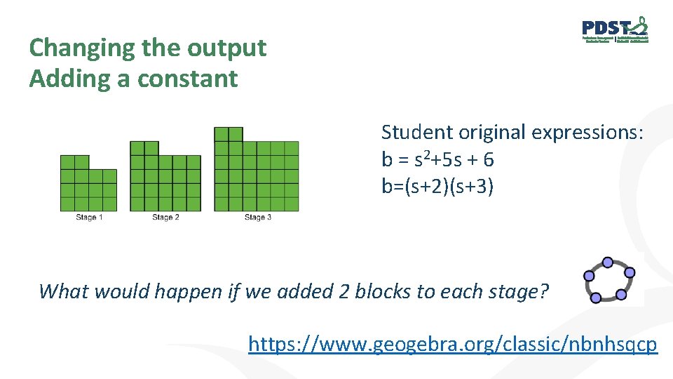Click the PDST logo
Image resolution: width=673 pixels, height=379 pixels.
[x=615, y=29]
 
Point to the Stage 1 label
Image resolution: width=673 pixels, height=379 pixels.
[x=89, y=218]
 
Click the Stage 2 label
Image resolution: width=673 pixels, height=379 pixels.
[x=165, y=218]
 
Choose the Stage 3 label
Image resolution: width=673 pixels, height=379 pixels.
[x=257, y=218]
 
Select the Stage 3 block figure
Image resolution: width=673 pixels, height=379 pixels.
[x=257, y=169]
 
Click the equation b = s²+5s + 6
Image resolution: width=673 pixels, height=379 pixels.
[x=437, y=160]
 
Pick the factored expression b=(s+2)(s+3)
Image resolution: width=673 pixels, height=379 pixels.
[x=437, y=187]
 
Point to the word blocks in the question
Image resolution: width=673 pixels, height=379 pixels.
[x=383, y=291]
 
